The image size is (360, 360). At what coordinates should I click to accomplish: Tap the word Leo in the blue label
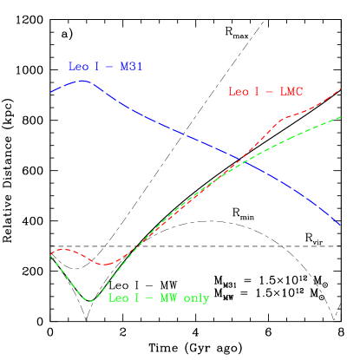tap(78, 67)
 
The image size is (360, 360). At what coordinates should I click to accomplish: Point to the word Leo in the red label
tap(238, 92)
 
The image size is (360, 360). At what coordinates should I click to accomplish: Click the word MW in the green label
tap(167, 298)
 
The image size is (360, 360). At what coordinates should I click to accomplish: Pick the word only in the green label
tap(196, 298)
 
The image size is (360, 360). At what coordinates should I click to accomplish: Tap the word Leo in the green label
tap(118, 298)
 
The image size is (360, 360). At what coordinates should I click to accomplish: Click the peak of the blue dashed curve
tap(82, 81)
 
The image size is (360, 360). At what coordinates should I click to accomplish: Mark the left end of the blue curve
tap(51, 91)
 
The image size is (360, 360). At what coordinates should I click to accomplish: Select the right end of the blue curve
tap(340, 226)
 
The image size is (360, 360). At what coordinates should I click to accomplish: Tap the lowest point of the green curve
tap(90, 301)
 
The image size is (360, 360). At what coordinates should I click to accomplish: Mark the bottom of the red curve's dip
tap(104, 264)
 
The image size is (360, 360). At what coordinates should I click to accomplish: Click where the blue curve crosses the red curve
tap(243, 161)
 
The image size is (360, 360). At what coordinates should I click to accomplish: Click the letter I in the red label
tap(259, 92)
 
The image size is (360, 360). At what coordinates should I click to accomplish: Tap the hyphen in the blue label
tap(110, 67)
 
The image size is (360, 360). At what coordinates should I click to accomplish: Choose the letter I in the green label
tap(137, 298)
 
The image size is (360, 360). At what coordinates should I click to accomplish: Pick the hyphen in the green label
tap(149, 298)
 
